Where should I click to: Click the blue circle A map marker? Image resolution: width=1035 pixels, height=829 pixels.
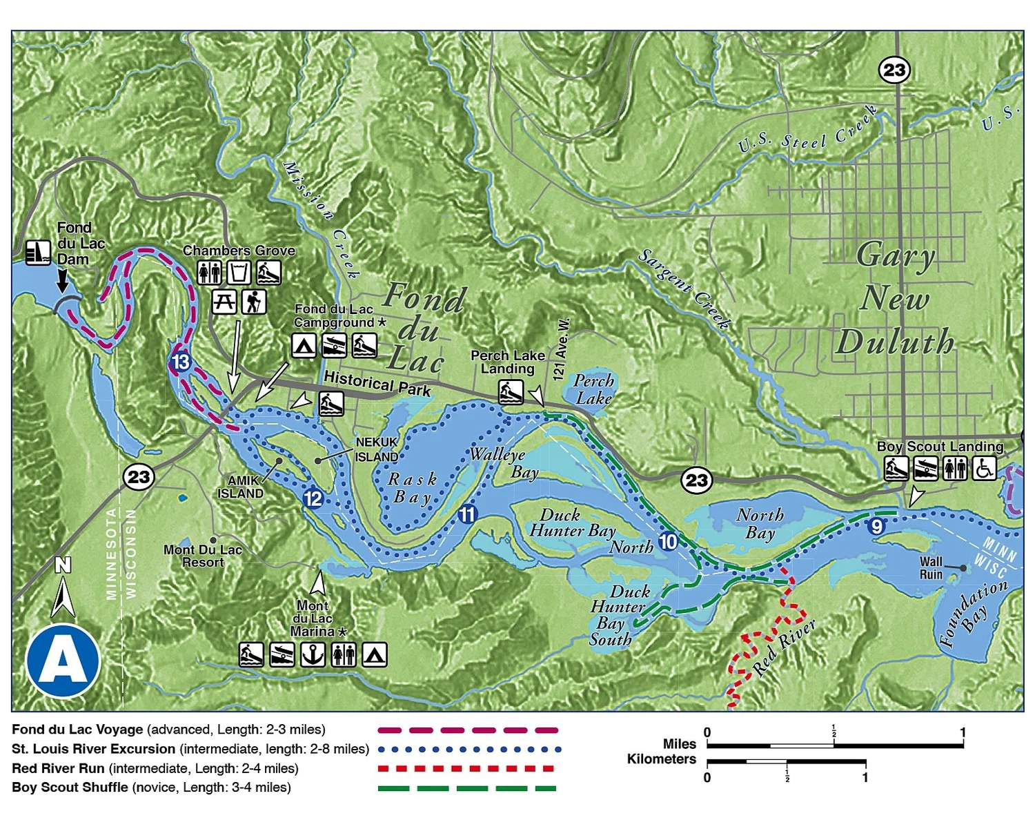point(63,661)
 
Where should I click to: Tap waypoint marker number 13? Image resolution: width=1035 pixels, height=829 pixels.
point(180,362)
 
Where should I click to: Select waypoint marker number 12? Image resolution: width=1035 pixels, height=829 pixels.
point(313,498)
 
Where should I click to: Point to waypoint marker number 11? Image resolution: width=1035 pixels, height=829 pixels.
point(467,514)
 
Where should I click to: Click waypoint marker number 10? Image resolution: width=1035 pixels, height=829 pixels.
point(667,541)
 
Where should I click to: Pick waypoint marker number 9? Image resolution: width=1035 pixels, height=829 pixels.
point(876,526)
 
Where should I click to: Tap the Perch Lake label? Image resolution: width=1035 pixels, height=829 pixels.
point(593,389)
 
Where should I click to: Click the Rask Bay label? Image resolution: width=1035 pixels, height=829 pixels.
point(413,488)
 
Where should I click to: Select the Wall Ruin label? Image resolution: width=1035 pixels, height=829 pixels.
point(930,568)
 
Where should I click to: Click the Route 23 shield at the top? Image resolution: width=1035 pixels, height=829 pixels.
point(894,70)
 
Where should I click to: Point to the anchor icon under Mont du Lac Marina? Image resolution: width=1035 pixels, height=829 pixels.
point(313,654)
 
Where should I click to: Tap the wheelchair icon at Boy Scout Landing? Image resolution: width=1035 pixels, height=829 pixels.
point(985,469)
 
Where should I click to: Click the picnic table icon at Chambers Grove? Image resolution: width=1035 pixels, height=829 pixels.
point(224,302)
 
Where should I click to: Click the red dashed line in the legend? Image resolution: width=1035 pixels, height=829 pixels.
point(466,768)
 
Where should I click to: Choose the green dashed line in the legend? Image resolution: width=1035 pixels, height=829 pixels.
point(466,788)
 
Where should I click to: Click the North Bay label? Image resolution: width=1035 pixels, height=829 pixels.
point(760,523)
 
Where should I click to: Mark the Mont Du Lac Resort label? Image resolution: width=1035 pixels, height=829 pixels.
point(203,556)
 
